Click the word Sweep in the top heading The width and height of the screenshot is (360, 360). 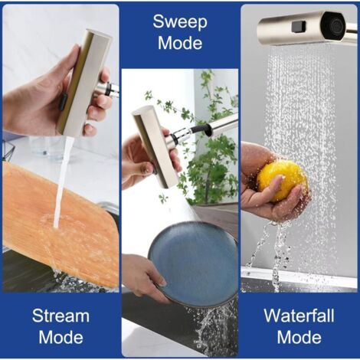tap(180, 22)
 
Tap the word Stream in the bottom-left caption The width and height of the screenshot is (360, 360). tap(61, 316)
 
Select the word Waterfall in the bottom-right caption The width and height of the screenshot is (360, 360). tap(299, 316)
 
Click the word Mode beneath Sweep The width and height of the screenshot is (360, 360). tap(180, 43)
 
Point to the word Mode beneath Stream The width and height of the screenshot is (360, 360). tap(61, 337)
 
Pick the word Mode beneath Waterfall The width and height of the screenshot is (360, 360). tap(299, 337)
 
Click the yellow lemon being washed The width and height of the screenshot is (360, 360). tap(283, 181)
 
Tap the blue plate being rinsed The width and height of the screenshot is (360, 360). tap(193, 263)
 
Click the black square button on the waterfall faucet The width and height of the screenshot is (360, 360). tap(298, 27)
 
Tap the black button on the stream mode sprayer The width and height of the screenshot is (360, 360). tap(64, 102)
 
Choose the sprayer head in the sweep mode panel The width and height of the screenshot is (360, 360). tap(155, 146)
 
